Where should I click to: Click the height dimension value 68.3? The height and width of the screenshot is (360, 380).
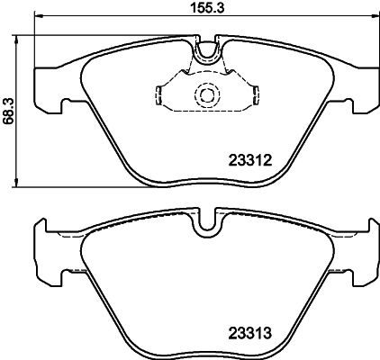coord(9,108)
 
